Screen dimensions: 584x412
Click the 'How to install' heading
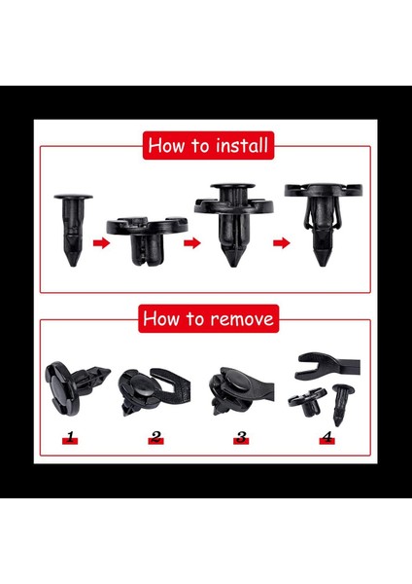[x=207, y=146]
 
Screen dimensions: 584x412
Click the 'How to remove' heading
[x=208, y=317]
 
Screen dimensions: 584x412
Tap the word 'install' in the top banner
[x=239, y=146]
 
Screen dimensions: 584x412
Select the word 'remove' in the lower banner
[x=243, y=317]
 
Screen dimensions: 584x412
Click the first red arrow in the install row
[x=100, y=243]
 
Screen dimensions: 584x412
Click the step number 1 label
[x=68, y=439]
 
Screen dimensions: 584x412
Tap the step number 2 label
[x=155, y=439]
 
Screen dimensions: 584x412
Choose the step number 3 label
[x=241, y=439]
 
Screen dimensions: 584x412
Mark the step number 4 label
[x=326, y=439]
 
